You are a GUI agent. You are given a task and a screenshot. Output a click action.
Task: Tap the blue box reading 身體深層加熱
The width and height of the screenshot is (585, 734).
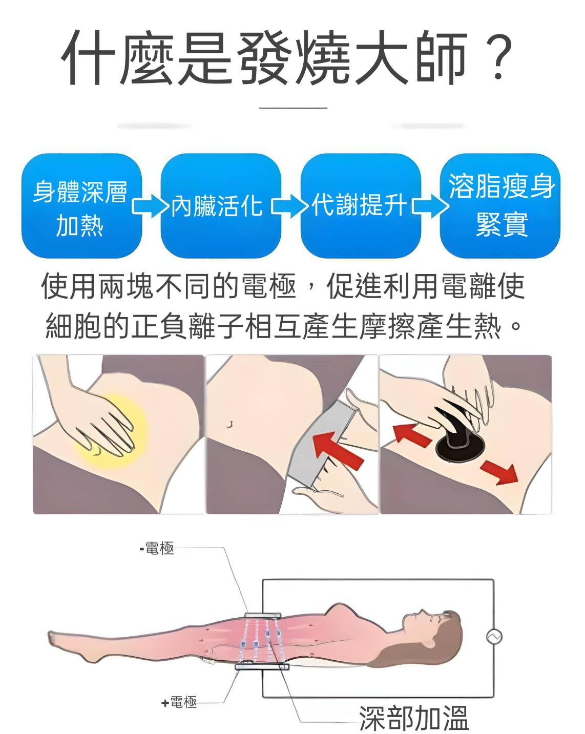coord(81,206)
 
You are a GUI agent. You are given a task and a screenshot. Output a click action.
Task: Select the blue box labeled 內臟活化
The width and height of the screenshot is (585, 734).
coord(221,206)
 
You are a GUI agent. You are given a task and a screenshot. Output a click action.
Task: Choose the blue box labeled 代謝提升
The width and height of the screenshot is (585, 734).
coord(361,206)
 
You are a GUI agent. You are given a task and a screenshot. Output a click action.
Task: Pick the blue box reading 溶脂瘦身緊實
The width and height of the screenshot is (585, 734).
coord(500,206)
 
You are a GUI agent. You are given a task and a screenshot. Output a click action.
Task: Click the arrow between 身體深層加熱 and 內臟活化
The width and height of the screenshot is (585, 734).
coord(151,206)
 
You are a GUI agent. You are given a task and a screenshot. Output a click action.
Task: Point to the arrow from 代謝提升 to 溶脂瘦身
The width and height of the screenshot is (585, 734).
coord(430,206)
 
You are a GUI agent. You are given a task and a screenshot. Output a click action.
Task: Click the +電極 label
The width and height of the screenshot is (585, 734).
coord(179,702)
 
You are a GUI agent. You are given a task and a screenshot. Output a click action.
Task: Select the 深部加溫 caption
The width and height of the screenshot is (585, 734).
coord(414,717)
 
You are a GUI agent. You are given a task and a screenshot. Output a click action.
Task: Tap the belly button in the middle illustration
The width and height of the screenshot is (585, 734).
coord(231,425)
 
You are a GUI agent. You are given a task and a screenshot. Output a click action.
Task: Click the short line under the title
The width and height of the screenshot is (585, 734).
coord(292,108)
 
